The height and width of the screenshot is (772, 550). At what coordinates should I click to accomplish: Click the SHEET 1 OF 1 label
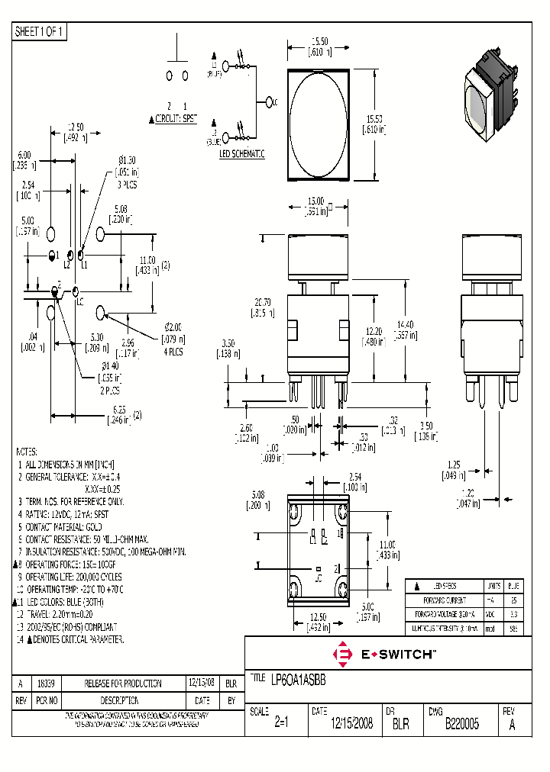[40, 31]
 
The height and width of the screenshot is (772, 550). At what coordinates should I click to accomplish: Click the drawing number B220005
[461, 725]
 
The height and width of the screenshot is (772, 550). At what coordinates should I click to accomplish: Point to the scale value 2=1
[280, 725]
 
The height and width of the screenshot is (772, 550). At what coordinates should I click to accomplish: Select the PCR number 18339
[46, 684]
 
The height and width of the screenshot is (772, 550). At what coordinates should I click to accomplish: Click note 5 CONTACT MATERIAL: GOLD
[73, 526]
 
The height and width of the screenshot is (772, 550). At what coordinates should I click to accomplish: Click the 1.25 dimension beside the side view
[454, 464]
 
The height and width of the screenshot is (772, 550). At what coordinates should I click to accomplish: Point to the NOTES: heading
[27, 451]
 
